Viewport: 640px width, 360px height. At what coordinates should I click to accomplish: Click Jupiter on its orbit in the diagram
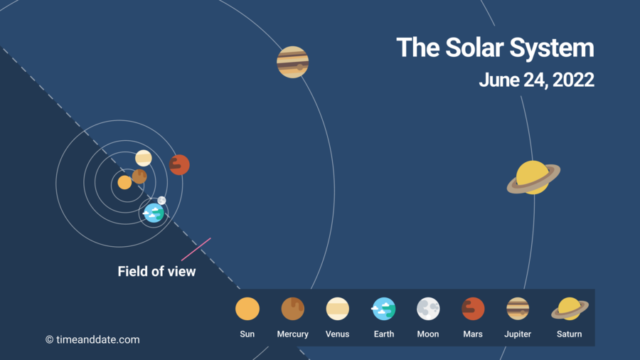293,62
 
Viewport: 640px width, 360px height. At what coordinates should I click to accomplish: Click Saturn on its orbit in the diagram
533,178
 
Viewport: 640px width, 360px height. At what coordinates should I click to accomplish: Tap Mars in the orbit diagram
179,165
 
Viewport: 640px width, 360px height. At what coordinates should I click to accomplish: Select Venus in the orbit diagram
143,158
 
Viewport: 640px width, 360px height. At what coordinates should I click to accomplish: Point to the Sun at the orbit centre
124,182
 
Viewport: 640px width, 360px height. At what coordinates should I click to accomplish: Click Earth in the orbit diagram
154,213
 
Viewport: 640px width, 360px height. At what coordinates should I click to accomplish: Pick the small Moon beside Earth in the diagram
161,201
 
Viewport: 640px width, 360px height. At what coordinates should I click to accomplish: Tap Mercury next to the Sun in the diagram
139,176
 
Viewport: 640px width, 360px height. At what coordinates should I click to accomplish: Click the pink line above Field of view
196,249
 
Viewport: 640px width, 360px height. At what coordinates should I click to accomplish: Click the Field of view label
156,272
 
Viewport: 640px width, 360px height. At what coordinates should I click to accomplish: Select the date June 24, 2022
536,80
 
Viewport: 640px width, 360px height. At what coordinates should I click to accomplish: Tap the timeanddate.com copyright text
92,339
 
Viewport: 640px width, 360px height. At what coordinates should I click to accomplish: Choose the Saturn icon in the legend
570,309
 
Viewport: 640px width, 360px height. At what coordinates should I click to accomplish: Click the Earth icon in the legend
383,309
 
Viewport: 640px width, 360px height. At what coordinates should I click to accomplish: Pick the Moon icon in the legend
428,309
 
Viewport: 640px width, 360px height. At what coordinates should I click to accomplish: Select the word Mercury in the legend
293,334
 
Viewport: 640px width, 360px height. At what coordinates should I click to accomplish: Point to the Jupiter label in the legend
518,334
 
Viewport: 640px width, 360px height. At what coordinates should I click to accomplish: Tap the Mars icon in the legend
473,309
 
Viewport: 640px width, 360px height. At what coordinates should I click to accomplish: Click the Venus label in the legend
337,334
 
